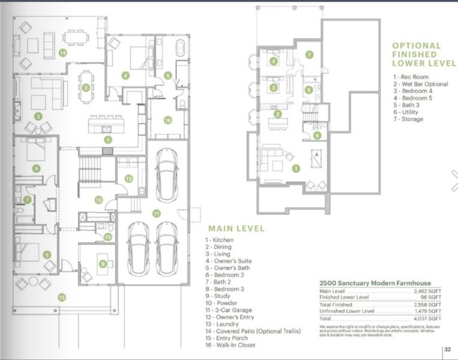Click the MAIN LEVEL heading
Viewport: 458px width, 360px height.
pyautogui.click(x=233, y=229)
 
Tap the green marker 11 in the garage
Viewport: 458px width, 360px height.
pyautogui.click(x=156, y=213)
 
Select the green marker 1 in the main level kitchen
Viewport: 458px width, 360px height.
pyautogui.click(x=108, y=139)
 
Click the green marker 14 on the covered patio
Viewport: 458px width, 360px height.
pyautogui.click(x=62, y=53)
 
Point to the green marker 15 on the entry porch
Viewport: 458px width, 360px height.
pyautogui.click(x=62, y=296)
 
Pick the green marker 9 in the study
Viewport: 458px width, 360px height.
pyautogui.click(x=103, y=263)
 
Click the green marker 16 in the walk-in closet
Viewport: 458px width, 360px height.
pyautogui.click(x=167, y=120)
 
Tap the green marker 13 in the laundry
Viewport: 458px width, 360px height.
pyautogui.click(x=128, y=178)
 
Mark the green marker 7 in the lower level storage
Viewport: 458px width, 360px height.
pyautogui.click(x=309, y=55)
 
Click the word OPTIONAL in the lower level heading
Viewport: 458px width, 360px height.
pyautogui.click(x=416, y=46)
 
